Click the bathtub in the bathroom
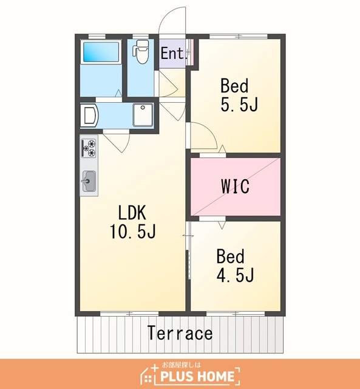tap(101, 52)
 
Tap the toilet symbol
tap(141, 52)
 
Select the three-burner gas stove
tap(89, 148)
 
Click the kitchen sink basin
tap(89, 181)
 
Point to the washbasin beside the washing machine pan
tap(90, 115)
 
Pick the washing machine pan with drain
tap(143, 115)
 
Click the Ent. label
tap(172, 53)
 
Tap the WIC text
tap(236, 186)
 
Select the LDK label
tap(132, 213)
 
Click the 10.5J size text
tap(133, 231)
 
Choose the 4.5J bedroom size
tap(235, 275)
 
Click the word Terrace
tap(180, 332)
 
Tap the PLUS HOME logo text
tap(197, 376)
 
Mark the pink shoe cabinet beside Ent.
tap(190, 52)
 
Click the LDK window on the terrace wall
tap(129, 314)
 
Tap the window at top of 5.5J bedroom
tap(239, 36)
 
